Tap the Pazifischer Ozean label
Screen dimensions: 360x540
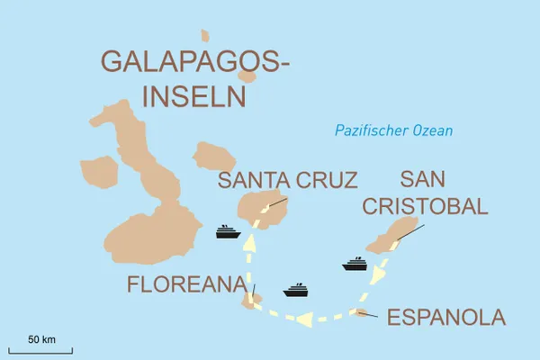pyautogui.click(x=393, y=131)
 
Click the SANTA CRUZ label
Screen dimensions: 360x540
pyautogui.click(x=287, y=180)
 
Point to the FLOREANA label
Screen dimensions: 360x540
pyautogui.click(x=185, y=285)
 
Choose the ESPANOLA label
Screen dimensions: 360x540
pyautogui.click(x=445, y=318)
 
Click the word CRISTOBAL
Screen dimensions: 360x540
pyautogui.click(x=425, y=206)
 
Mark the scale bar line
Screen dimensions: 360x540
pyautogui.click(x=40, y=349)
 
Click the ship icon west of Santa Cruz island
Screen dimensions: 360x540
pyautogui.click(x=227, y=231)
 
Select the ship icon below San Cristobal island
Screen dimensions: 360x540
pyautogui.click(x=355, y=264)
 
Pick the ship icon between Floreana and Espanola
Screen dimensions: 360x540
pyautogui.click(x=296, y=290)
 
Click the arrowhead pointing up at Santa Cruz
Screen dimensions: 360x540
pyautogui.click(x=249, y=240)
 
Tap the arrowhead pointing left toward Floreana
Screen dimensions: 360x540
pyautogui.click(x=304, y=317)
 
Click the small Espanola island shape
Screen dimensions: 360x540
pyautogui.click(x=362, y=313)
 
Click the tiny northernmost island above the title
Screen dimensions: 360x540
pyautogui.click(x=205, y=36)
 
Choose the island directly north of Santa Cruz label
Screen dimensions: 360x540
pyautogui.click(x=213, y=154)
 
